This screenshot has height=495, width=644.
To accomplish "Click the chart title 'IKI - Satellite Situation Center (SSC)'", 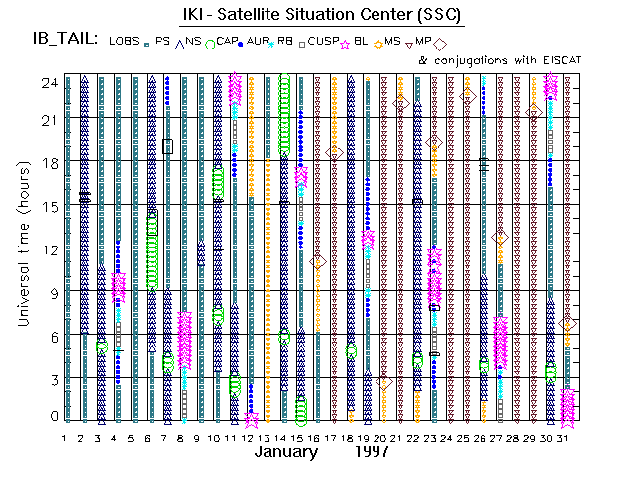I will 320,15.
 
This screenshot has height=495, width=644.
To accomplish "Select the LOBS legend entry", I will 125,41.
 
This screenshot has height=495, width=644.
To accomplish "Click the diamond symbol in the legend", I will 440,43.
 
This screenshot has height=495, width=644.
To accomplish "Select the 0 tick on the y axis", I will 54,416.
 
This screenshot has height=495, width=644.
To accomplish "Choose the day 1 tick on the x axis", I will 64,438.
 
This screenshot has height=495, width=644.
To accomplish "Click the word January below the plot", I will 286,452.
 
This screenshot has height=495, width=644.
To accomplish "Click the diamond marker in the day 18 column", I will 335,152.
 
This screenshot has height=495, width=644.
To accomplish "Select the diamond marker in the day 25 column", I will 468,96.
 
